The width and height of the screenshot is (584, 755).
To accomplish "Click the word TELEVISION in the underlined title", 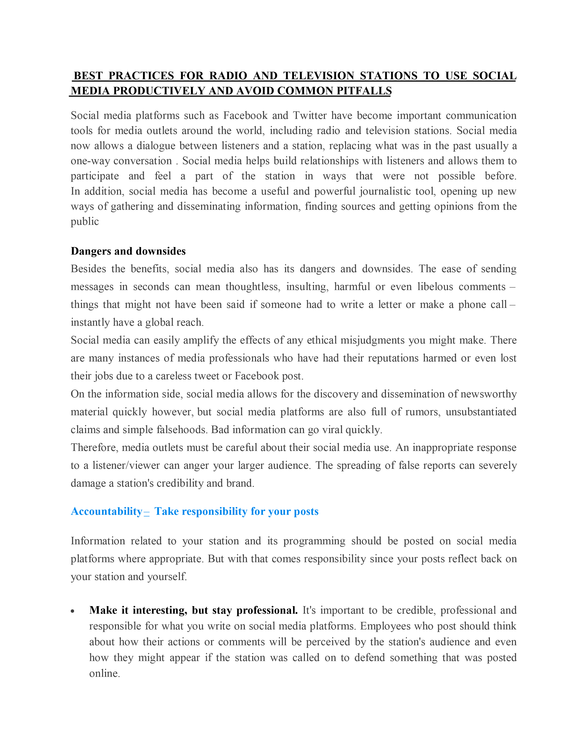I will point(319,76).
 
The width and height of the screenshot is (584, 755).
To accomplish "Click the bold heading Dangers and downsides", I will point(128,251).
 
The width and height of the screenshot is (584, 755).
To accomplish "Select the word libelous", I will point(435,287).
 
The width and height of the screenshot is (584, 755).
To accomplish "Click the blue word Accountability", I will point(106,511).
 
